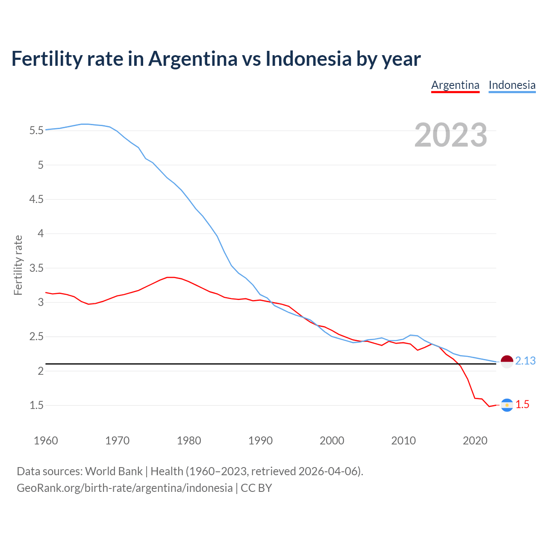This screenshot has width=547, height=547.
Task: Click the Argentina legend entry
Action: (455, 85)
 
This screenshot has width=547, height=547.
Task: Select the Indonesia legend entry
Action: (512, 85)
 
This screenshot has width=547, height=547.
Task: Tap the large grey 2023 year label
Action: (451, 135)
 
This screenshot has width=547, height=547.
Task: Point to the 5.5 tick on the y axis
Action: (36, 131)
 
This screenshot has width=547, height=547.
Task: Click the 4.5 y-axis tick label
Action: (36, 200)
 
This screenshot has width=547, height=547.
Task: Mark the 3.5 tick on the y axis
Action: (36, 268)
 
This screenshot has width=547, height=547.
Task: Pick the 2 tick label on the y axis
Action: (41, 371)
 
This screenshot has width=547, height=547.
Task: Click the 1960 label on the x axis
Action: (46, 441)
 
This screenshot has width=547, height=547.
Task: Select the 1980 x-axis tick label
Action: (189, 441)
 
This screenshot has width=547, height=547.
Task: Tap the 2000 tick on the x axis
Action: (332, 441)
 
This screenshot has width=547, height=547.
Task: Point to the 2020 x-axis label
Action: (475, 441)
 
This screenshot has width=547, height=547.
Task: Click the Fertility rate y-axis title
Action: (18, 265)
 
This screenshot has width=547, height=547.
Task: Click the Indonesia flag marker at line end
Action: (507, 362)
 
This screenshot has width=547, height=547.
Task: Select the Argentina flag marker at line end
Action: (507, 405)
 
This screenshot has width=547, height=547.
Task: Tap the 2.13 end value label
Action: (525, 361)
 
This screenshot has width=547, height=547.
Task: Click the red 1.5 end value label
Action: (522, 405)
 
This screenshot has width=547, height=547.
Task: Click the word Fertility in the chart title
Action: (47, 59)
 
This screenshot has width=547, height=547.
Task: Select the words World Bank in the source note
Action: (114, 471)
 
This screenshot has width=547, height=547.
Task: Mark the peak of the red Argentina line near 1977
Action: (170, 277)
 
